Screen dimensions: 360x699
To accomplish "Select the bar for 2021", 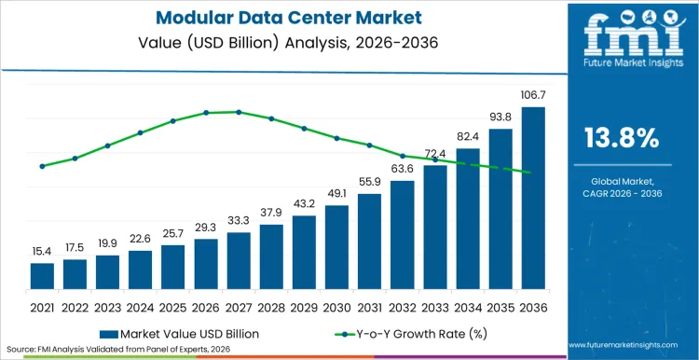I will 42,276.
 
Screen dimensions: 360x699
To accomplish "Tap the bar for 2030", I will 336,247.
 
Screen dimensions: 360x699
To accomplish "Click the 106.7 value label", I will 533,96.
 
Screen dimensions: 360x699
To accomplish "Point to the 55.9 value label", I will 369,182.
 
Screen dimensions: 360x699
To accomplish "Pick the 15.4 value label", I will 42,252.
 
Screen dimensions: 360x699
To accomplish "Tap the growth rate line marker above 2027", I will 239,112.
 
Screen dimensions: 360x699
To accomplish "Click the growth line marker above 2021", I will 42,166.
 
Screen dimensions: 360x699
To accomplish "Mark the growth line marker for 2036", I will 530,173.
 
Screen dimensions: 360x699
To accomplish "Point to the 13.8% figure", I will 621,138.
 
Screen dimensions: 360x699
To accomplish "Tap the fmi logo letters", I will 621,37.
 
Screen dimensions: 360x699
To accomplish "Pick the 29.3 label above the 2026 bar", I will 206,228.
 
